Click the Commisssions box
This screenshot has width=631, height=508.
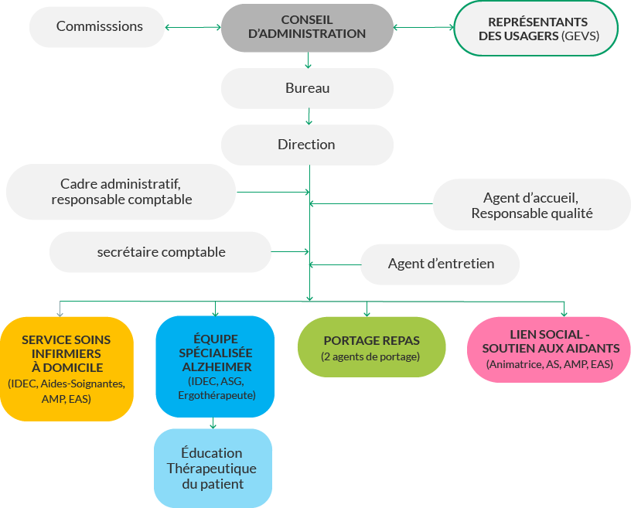99,26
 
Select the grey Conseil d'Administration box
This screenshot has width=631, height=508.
307,28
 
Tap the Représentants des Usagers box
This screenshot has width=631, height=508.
537,29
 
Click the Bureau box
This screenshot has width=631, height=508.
307,88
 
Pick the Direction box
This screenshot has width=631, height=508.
307,145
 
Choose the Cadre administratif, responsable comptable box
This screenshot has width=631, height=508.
121,192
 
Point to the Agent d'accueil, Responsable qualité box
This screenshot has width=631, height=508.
531,206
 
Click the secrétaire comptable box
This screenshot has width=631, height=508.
161,252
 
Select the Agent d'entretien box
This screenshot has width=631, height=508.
440,264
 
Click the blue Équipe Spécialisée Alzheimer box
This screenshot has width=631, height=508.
216,367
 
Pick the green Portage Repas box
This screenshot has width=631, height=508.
371,347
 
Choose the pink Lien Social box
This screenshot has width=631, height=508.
549,349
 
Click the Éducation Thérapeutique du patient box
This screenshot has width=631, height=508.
213,468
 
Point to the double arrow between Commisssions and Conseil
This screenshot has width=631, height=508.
193,28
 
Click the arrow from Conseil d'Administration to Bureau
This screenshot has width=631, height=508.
308,60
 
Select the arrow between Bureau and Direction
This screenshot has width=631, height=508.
309,117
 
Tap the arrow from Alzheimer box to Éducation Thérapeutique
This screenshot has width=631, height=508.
213,422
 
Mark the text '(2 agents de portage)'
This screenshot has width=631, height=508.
371,356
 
